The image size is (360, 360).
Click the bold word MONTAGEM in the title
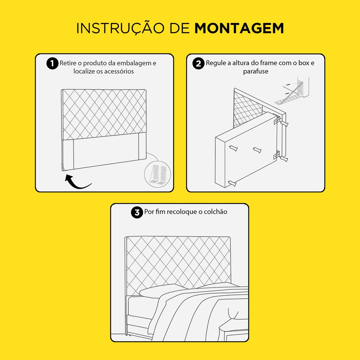[239, 28]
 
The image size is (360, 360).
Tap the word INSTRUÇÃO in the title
[120, 28]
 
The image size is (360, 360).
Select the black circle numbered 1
[52, 63]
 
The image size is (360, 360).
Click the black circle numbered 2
[198, 63]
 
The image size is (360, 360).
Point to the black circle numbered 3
[137, 212]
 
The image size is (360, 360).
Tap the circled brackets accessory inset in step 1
[158, 174]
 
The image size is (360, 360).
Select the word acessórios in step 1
[119, 71]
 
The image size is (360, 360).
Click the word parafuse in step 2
[256, 71]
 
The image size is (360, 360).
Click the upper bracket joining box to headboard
[276, 120]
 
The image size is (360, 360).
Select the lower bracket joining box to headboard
[276, 155]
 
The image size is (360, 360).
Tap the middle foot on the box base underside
[257, 150]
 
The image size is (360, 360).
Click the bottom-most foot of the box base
[232, 183]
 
